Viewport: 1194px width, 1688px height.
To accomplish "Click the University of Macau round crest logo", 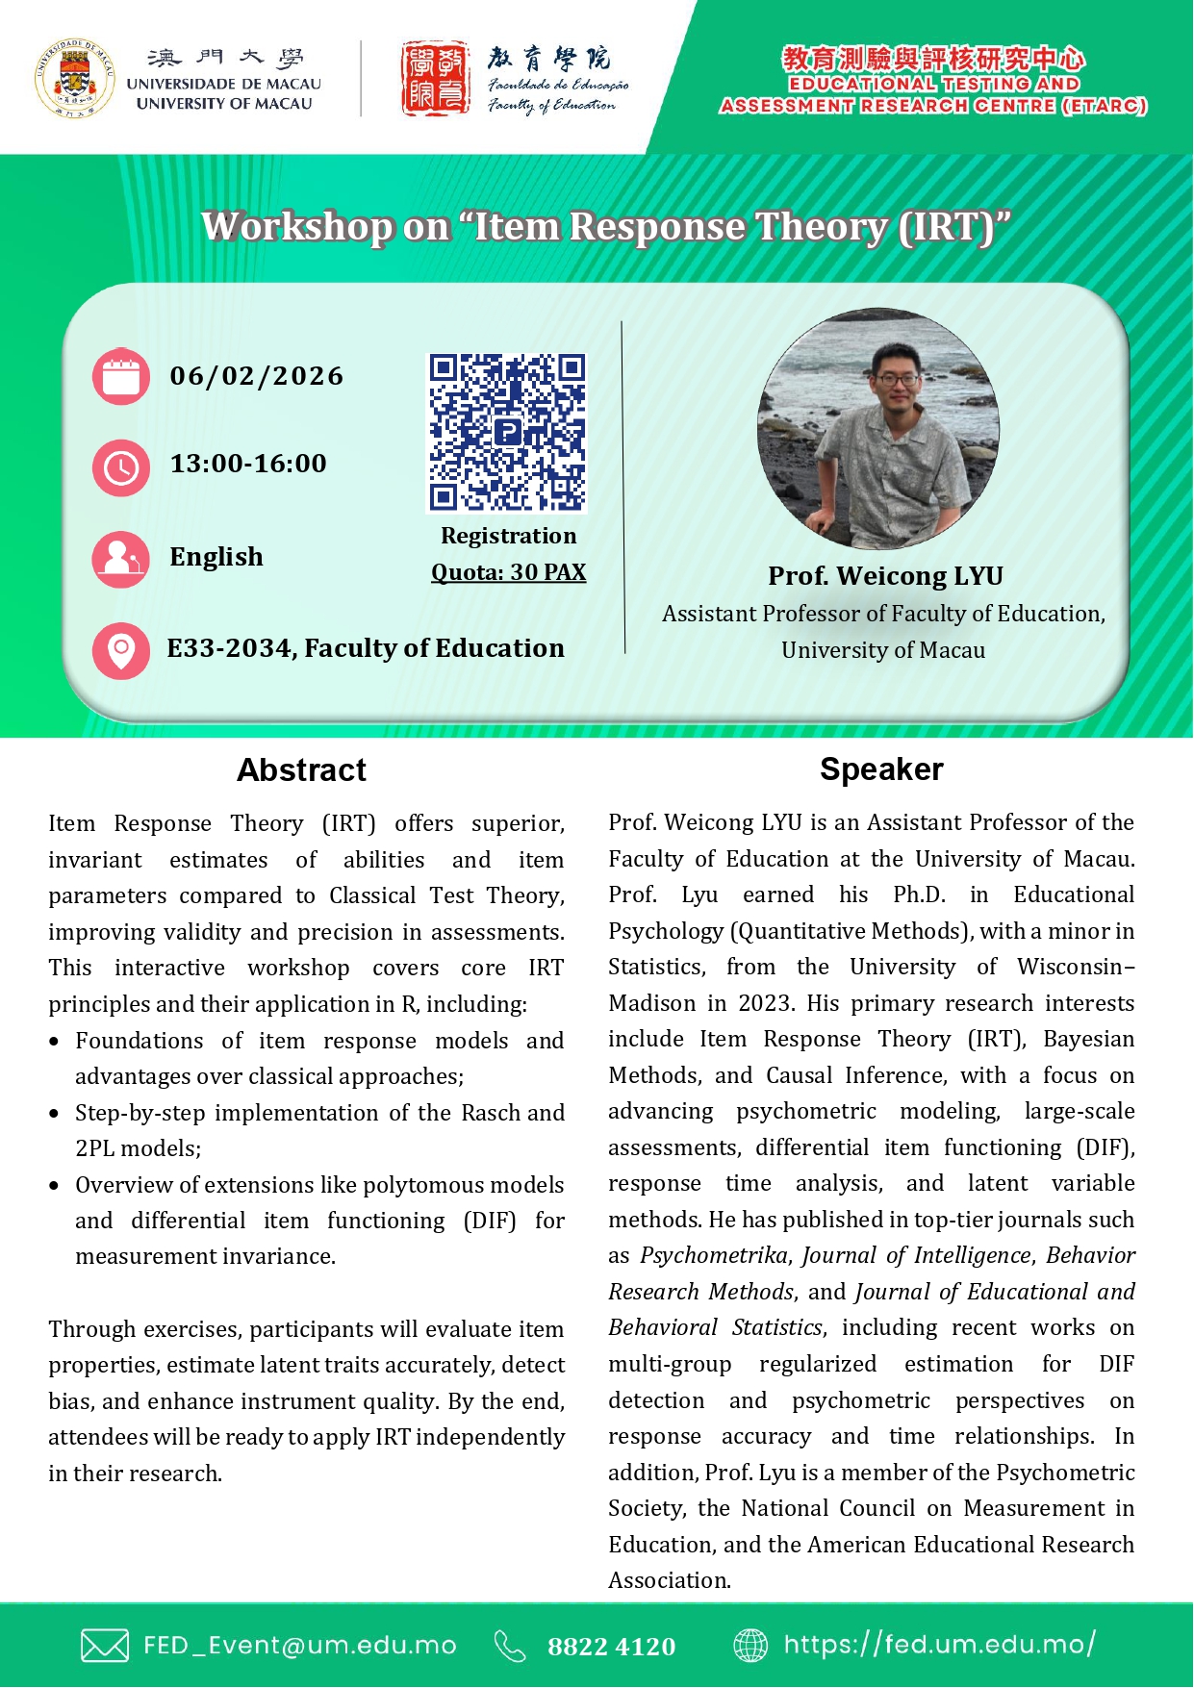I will point(75,79).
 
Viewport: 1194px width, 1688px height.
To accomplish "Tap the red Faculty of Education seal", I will point(435,79).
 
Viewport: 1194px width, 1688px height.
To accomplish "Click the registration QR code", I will point(507,432).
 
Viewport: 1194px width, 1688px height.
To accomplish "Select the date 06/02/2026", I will point(256,376).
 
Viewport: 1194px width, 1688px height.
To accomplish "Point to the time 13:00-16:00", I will point(248,464).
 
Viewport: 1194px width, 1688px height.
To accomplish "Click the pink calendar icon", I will point(121,376).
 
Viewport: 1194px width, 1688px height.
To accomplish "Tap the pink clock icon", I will point(121,467).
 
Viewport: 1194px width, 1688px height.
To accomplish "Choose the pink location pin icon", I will point(121,651).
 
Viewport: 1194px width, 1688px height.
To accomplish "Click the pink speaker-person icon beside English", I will point(121,559).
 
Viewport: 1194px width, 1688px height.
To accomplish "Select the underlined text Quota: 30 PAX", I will point(508,572).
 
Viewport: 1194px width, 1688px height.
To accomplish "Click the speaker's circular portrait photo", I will point(877,428).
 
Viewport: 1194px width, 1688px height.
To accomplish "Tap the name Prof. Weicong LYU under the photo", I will point(885,575).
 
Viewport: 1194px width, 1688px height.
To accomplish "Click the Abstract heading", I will point(301,769).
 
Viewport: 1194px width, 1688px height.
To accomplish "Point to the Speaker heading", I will point(881,769).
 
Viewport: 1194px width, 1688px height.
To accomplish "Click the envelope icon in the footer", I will point(104,1646).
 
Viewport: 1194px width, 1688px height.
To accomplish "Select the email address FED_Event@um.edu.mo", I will point(300,1646).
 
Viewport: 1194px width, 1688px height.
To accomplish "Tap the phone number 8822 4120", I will point(612,1647).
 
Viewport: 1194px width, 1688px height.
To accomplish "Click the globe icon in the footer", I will point(750,1646).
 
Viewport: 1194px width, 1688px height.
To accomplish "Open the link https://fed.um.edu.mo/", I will point(939,1645).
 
